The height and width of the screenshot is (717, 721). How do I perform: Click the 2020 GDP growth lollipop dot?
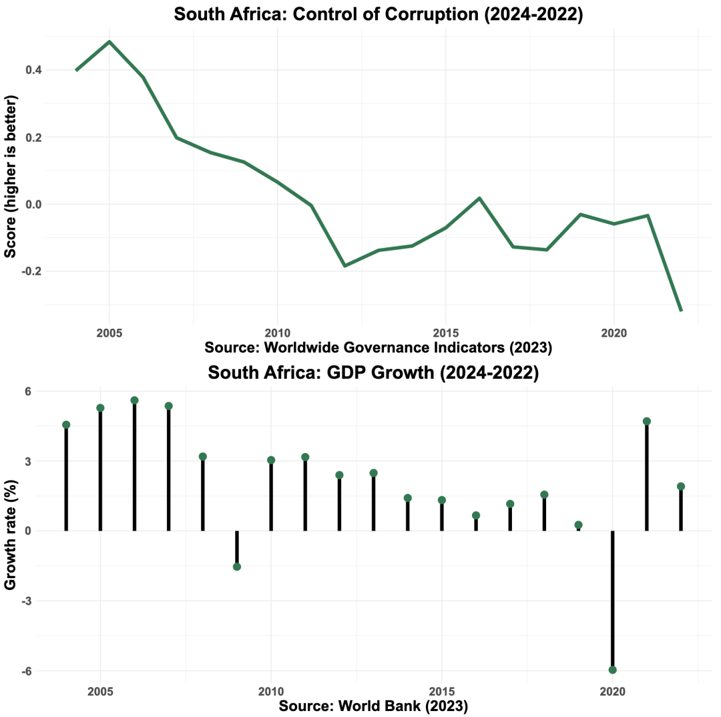click(x=613, y=670)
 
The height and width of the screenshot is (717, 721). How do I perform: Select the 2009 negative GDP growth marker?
click(x=237, y=567)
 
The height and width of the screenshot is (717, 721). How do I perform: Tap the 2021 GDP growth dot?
click(x=647, y=421)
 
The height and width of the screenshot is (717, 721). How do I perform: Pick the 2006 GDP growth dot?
click(x=134, y=400)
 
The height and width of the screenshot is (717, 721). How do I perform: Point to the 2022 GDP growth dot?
click(x=681, y=486)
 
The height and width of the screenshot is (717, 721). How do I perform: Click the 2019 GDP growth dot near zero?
click(x=579, y=525)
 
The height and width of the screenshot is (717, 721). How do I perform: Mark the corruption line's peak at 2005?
click(x=109, y=42)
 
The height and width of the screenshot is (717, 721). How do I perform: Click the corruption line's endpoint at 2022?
click(x=681, y=310)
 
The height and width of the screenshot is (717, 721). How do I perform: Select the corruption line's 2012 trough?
click(x=344, y=266)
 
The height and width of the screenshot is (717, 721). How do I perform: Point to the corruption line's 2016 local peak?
click(x=479, y=198)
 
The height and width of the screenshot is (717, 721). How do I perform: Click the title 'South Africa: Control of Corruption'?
click(x=379, y=15)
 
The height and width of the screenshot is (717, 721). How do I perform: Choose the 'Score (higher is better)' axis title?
click(x=11, y=176)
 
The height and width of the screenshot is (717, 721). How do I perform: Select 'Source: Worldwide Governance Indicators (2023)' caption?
click(x=379, y=347)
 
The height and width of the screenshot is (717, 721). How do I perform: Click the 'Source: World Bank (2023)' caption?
click(x=373, y=706)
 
